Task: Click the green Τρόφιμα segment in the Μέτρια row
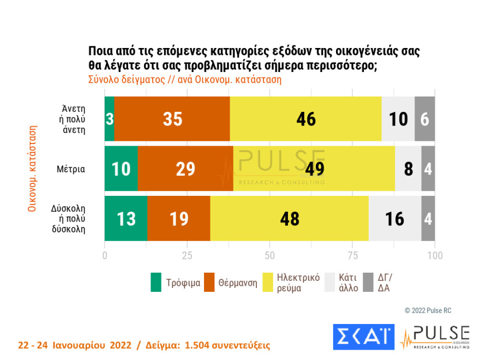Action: [x=121, y=169]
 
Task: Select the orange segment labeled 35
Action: [x=172, y=119]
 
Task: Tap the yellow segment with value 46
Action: [x=306, y=119]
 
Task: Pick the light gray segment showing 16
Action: [x=395, y=219]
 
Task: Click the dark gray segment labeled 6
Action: [x=425, y=119]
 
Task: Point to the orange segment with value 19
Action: [x=179, y=219]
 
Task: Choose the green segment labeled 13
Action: [x=125, y=219]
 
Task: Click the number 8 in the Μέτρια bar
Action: [x=407, y=169]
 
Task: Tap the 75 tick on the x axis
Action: [x=352, y=255]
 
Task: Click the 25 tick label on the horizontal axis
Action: [x=187, y=255]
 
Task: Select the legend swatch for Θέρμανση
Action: [x=209, y=283]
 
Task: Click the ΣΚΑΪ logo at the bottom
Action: [x=363, y=337]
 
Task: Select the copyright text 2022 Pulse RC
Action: [x=428, y=310]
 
